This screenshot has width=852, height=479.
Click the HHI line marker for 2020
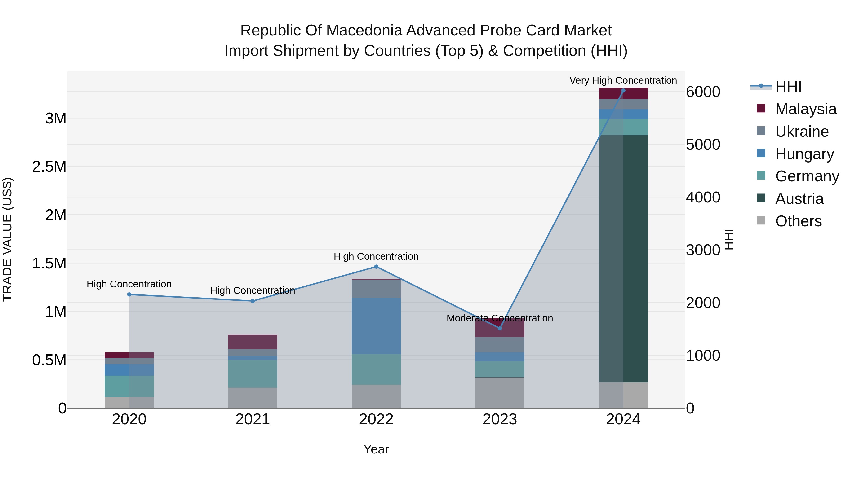click(x=129, y=294)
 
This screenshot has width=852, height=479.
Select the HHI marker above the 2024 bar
click(x=623, y=90)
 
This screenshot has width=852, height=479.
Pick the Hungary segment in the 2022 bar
click(x=376, y=326)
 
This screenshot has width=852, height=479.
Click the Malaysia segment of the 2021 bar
click(x=253, y=342)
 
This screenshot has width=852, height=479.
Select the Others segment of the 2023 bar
click(x=500, y=392)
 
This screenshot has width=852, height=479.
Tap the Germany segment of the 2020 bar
click(x=129, y=386)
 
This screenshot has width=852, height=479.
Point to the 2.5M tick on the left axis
click(x=49, y=167)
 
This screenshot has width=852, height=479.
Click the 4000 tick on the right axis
click(x=703, y=197)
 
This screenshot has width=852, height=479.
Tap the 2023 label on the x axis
click(x=500, y=419)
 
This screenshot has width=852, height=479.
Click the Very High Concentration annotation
click(x=623, y=80)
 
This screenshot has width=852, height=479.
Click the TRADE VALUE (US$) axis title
click(x=7, y=239)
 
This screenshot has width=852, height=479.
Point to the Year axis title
click(x=376, y=449)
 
